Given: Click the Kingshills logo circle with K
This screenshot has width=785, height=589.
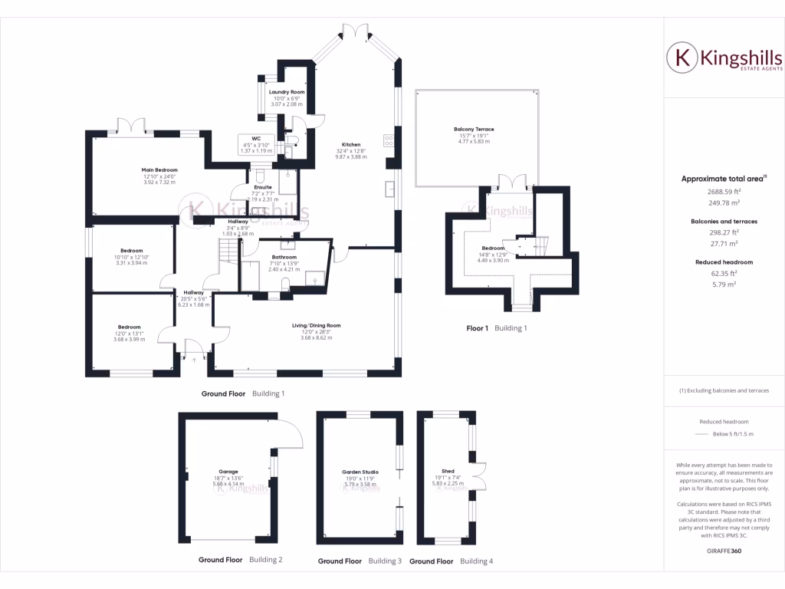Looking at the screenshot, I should coord(679,58).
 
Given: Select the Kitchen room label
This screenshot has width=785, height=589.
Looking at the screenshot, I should coord(351,145).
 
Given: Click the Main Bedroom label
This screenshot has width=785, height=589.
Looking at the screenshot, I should coord(159,169).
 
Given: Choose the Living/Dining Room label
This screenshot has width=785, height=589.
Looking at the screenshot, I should coord(316,325).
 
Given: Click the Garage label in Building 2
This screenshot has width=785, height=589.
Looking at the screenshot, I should coord(228,472).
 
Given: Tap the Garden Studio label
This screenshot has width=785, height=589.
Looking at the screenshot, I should coord(360,472).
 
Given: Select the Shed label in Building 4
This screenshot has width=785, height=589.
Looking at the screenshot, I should coord(448,471).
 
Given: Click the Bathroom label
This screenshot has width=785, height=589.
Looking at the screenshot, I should coord(284,257).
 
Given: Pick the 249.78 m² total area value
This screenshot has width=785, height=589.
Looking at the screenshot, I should coord(724,203).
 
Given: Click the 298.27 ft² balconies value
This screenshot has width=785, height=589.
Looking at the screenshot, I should coord(724,232).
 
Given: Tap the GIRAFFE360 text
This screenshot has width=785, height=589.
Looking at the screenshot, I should coord(724,551).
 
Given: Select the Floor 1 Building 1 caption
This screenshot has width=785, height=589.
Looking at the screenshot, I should coord(497,328).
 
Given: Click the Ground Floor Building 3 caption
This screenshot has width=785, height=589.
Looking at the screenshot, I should coord(360,561).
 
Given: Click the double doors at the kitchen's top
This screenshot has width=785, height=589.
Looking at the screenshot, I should coord(353,30).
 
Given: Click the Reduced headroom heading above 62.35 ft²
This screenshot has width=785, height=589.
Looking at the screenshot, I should coord(724,262).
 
